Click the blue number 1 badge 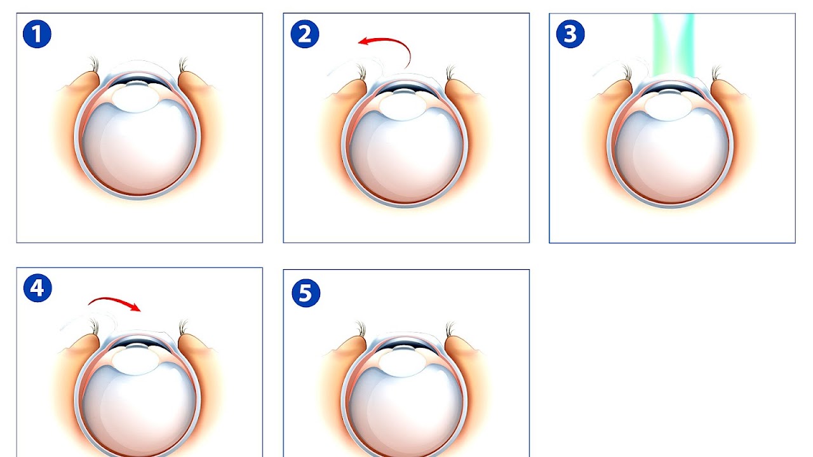(37, 34)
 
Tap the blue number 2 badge (305, 34)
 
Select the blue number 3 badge (570, 34)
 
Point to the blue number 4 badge (37, 288)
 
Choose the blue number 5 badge (306, 293)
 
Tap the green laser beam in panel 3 (673, 45)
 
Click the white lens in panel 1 (135, 98)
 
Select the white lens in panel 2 (403, 106)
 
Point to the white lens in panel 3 (668, 106)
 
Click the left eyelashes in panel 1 (95, 64)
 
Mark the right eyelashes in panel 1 (184, 64)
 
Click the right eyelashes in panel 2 (450, 72)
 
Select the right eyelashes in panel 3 (716, 72)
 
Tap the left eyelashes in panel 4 (95, 327)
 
